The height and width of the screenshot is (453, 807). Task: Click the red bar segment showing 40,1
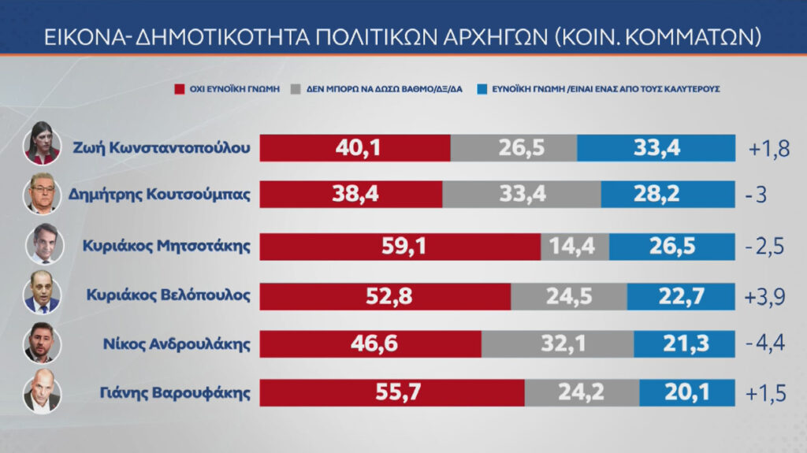click(x=355, y=147)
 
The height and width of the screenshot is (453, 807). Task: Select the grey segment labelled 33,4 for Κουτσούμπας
click(x=521, y=196)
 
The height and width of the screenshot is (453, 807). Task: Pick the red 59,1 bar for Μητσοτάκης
click(x=400, y=246)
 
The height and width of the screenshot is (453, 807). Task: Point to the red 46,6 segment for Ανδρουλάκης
click(x=370, y=343)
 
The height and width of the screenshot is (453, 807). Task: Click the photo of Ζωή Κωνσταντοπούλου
click(x=43, y=143)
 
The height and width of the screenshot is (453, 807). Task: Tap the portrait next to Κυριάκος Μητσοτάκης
click(x=43, y=243)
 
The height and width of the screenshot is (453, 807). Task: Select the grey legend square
click(x=296, y=89)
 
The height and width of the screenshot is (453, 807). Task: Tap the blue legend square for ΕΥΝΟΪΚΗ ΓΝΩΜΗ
click(x=481, y=89)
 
